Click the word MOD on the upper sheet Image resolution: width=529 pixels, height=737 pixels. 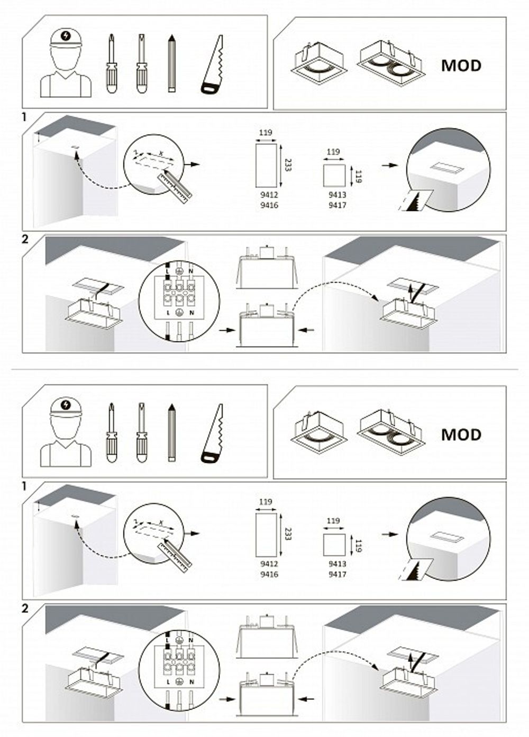click(461, 66)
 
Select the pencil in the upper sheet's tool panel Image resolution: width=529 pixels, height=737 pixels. click(171, 63)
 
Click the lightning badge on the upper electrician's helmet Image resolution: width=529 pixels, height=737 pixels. click(66, 34)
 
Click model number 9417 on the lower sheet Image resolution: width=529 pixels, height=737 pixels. click(338, 574)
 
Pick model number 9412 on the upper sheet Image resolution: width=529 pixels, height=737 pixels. click(269, 195)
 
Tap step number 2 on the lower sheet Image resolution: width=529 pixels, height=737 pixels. click(25, 609)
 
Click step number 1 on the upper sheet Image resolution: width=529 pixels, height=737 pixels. click(24, 117)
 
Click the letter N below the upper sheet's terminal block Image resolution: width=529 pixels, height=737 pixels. click(191, 312)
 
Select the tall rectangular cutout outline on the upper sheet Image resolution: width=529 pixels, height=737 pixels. click(266, 165)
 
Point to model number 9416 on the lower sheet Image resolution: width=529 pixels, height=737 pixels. click(269, 574)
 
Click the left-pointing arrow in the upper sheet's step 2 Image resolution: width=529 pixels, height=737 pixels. click(307, 329)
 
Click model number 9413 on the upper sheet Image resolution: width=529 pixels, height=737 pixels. click(338, 195)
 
